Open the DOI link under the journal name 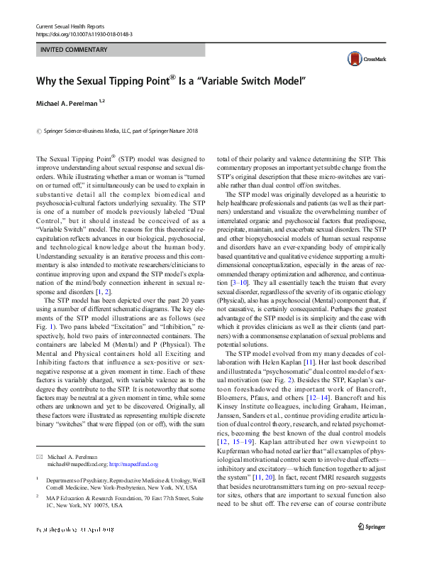[83, 34]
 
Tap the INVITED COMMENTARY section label [74, 50]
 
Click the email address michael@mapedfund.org [85, 463]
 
